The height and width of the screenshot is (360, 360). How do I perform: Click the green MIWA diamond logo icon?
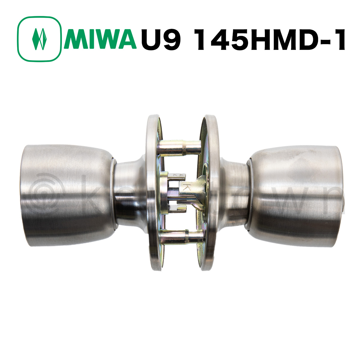pyautogui.click(x=39, y=39)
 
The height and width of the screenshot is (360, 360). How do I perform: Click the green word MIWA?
pyautogui.click(x=100, y=39)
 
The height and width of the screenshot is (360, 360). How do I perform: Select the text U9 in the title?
pyautogui.click(x=160, y=39)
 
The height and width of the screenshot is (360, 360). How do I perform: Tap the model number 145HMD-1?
pyautogui.click(x=270, y=39)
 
